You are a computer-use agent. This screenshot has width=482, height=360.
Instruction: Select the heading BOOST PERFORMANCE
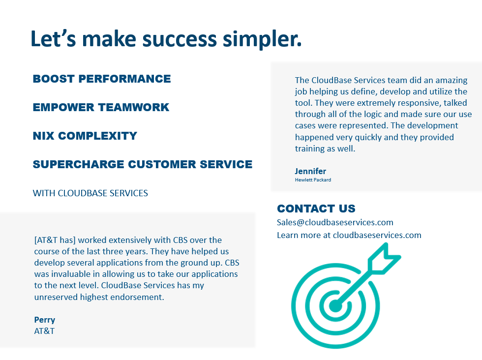click(x=102, y=79)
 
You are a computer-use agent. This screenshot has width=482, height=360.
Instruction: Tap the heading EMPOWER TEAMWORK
click(x=101, y=107)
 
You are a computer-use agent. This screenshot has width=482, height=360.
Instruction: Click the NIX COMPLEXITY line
click(x=85, y=136)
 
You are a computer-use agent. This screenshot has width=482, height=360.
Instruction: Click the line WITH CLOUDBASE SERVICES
click(x=90, y=193)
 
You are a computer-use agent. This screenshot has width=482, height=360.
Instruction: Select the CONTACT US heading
click(x=316, y=209)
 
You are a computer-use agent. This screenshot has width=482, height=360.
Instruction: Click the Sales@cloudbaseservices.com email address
click(x=335, y=222)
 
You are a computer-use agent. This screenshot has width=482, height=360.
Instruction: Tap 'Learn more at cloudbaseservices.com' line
click(x=349, y=235)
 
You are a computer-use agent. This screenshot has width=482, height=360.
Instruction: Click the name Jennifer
click(x=310, y=171)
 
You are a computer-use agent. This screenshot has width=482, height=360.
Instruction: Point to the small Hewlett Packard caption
click(x=313, y=180)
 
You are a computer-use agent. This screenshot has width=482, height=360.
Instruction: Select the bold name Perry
click(x=45, y=320)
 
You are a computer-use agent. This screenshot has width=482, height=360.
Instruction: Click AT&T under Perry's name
click(x=44, y=331)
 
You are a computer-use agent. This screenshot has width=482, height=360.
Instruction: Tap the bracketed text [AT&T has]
click(x=55, y=240)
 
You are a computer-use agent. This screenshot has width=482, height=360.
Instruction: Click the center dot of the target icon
click(x=336, y=306)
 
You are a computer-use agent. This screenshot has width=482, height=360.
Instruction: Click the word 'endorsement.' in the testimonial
click(x=135, y=297)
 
